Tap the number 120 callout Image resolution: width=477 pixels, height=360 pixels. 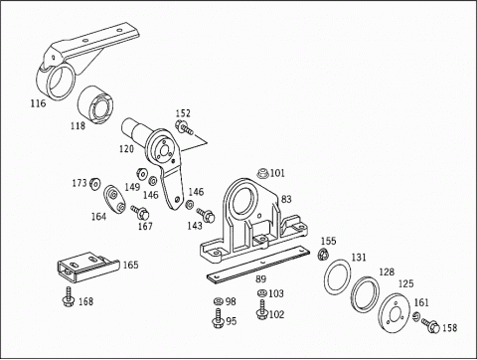click(126, 149)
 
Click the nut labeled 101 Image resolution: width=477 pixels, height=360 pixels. click(262, 173)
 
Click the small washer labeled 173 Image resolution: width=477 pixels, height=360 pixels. click(94, 185)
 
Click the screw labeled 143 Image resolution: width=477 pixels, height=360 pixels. click(207, 212)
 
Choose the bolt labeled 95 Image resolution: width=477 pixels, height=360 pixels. click(218, 319)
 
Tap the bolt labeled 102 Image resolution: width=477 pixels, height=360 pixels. click(261, 313)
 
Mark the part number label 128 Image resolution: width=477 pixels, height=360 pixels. click(387, 271)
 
